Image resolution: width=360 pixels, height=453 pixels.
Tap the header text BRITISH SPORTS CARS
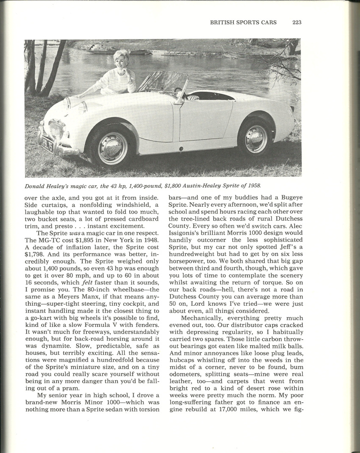coord(243,22)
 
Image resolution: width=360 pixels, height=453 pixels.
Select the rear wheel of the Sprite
coord(256,139)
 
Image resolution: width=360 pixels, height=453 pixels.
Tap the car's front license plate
coord(46,145)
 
